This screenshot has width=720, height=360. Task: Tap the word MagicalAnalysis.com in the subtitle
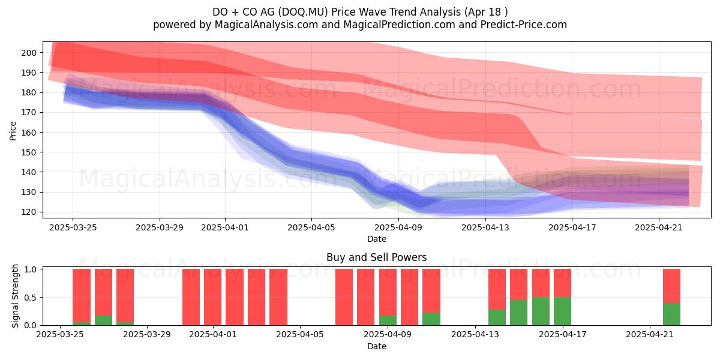click(x=266, y=25)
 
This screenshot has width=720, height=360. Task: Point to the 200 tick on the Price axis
click(x=29, y=53)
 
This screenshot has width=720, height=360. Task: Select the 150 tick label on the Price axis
click(x=29, y=152)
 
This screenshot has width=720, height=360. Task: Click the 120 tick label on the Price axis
click(x=29, y=212)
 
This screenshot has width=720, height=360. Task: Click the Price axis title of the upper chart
click(x=13, y=131)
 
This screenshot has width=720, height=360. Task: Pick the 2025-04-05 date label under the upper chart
click(x=311, y=227)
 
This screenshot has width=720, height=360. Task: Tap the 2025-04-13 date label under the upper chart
click(x=485, y=227)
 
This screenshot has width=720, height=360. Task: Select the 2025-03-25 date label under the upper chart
click(x=73, y=227)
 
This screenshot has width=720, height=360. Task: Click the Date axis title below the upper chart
click(x=377, y=239)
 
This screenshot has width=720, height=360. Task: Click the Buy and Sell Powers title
click(x=377, y=257)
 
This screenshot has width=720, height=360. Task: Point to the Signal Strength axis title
click(x=15, y=296)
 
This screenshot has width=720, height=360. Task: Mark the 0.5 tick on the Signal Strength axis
click(x=30, y=298)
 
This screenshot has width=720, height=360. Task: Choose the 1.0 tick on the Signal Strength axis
click(x=30, y=269)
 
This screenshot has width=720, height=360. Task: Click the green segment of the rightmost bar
click(x=671, y=314)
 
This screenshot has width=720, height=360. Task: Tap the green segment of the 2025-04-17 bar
click(x=563, y=311)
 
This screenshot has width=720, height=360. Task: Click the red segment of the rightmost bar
click(x=671, y=286)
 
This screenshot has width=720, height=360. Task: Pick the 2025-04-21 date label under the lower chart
click(x=650, y=335)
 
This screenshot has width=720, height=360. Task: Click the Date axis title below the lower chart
click(x=377, y=346)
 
